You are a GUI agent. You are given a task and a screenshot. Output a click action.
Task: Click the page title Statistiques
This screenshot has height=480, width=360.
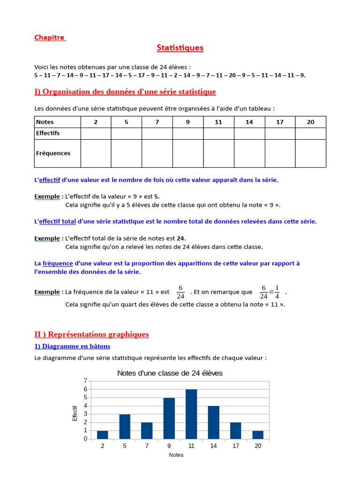180,48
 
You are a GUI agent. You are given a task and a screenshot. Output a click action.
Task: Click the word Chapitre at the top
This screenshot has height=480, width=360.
50,37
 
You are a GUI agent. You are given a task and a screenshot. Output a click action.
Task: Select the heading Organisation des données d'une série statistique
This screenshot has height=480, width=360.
125,91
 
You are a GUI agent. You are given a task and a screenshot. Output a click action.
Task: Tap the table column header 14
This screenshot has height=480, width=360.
249,122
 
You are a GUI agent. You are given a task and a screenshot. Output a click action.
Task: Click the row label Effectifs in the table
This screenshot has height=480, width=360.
48,133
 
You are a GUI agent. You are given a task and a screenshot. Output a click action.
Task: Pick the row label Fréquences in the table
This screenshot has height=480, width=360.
53,153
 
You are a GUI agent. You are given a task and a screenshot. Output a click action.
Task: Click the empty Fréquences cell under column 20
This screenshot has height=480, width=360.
310,153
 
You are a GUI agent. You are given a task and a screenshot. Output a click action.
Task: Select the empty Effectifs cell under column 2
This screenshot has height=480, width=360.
96,133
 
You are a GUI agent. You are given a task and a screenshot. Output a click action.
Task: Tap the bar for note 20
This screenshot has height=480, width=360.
258,435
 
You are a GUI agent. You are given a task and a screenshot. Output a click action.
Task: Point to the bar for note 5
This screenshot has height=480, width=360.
125,427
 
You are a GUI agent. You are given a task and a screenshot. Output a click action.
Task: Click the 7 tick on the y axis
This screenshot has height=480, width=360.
85,381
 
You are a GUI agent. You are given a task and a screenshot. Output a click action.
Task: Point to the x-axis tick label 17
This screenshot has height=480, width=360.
236,446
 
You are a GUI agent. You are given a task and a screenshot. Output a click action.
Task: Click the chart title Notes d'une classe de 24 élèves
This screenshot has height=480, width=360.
170,373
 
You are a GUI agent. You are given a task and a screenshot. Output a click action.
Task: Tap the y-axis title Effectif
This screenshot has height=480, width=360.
75,413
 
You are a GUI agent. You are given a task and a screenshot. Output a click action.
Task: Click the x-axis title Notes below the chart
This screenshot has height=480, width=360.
176,455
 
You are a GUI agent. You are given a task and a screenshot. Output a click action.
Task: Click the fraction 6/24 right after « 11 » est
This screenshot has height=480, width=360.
180,292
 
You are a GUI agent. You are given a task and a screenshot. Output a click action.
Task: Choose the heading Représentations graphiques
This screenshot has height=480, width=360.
91,334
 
